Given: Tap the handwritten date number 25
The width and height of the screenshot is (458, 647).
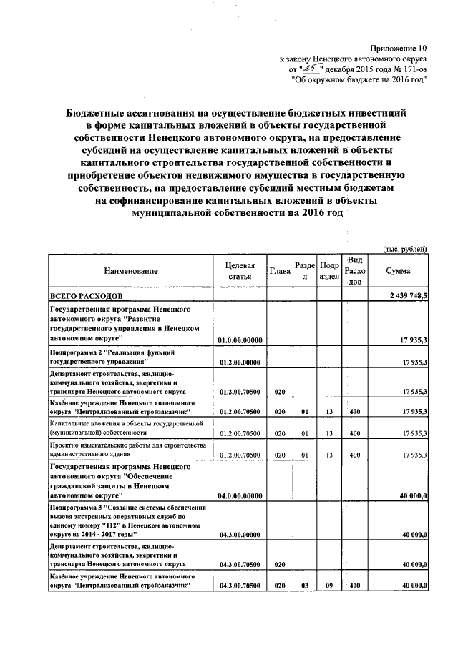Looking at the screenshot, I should (x=311, y=69).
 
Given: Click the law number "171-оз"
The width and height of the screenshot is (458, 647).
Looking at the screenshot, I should (x=412, y=69).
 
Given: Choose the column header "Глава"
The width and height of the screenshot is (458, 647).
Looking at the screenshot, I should (x=280, y=272).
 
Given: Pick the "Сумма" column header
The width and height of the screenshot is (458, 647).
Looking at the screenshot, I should (x=398, y=272).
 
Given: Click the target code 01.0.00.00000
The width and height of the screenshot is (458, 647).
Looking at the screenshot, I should (x=240, y=342).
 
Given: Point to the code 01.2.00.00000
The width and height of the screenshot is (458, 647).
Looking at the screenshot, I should (x=240, y=364).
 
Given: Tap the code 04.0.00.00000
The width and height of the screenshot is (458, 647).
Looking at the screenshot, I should (x=240, y=495).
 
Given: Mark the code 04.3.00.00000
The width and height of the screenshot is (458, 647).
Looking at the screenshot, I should (x=240, y=534).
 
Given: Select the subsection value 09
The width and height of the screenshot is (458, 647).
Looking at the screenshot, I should (x=329, y=586).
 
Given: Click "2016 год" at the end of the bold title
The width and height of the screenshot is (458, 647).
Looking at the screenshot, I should (x=318, y=213).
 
